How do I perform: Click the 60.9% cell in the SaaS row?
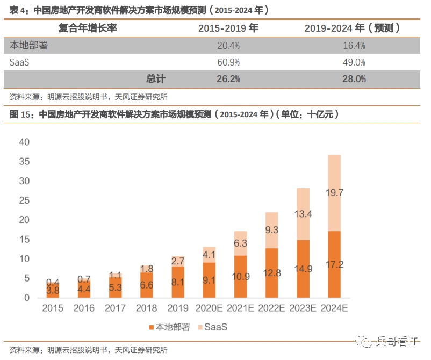(x=228, y=62)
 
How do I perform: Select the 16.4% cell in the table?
(x=354, y=46)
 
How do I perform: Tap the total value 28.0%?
(x=354, y=79)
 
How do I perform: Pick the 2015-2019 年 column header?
(x=228, y=28)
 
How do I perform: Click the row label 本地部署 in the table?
(x=29, y=46)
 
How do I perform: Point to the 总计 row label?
(x=156, y=79)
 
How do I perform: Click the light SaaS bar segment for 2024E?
(x=334, y=192)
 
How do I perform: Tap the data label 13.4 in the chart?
(x=303, y=214)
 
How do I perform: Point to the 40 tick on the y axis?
(x=24, y=142)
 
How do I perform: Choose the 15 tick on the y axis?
(x=24, y=239)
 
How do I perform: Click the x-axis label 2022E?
(x=271, y=308)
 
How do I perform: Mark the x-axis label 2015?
(x=53, y=308)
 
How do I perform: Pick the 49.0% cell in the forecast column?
(x=354, y=62)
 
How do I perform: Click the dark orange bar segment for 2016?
(x=84, y=289)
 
